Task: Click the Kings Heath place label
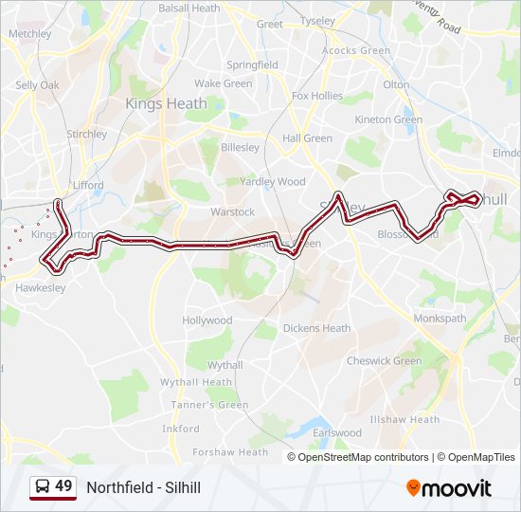[x=166, y=103]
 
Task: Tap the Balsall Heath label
[x=189, y=9]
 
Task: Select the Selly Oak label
[x=37, y=85]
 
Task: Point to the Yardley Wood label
[x=273, y=181]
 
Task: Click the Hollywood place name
[x=207, y=320]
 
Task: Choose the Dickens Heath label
[x=316, y=329]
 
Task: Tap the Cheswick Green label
[x=384, y=360]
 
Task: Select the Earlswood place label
[x=337, y=433]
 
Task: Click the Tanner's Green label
[x=217, y=405]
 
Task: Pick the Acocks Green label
[x=356, y=50]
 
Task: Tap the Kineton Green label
[x=387, y=119]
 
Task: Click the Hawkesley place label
[x=40, y=286]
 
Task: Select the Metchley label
[x=29, y=33]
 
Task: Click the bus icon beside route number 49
[x=43, y=487]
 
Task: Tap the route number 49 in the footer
[x=63, y=486]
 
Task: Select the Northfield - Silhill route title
[x=144, y=487]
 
